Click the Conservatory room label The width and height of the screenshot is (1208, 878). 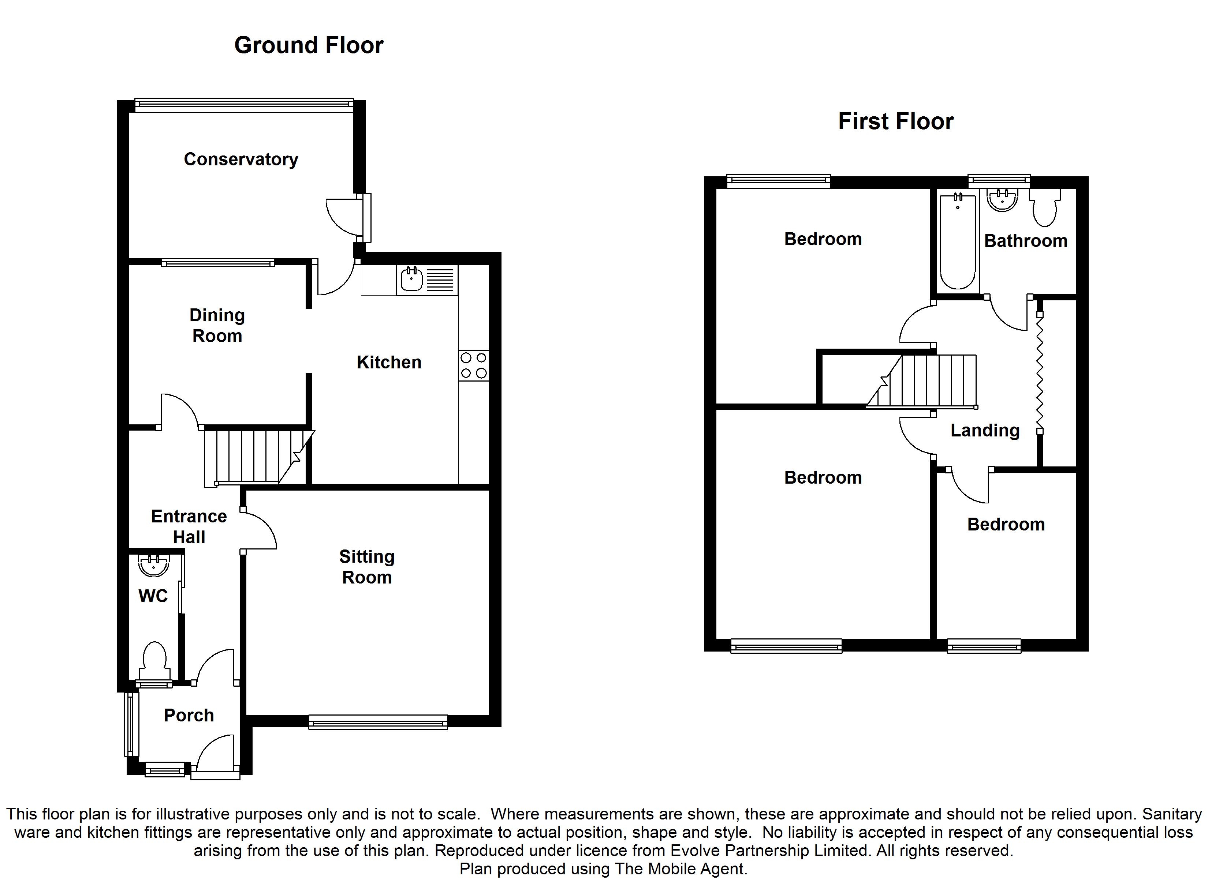[x=241, y=159]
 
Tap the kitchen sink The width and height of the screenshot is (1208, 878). [x=426, y=280]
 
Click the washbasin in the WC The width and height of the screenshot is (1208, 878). [x=154, y=566]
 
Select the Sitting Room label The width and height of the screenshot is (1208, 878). [x=367, y=567]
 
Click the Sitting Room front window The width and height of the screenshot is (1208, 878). [x=378, y=722]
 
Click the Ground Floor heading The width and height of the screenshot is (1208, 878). [x=309, y=45]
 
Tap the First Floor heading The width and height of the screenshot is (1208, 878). [x=896, y=121]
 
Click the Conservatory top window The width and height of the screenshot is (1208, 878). [x=244, y=105]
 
